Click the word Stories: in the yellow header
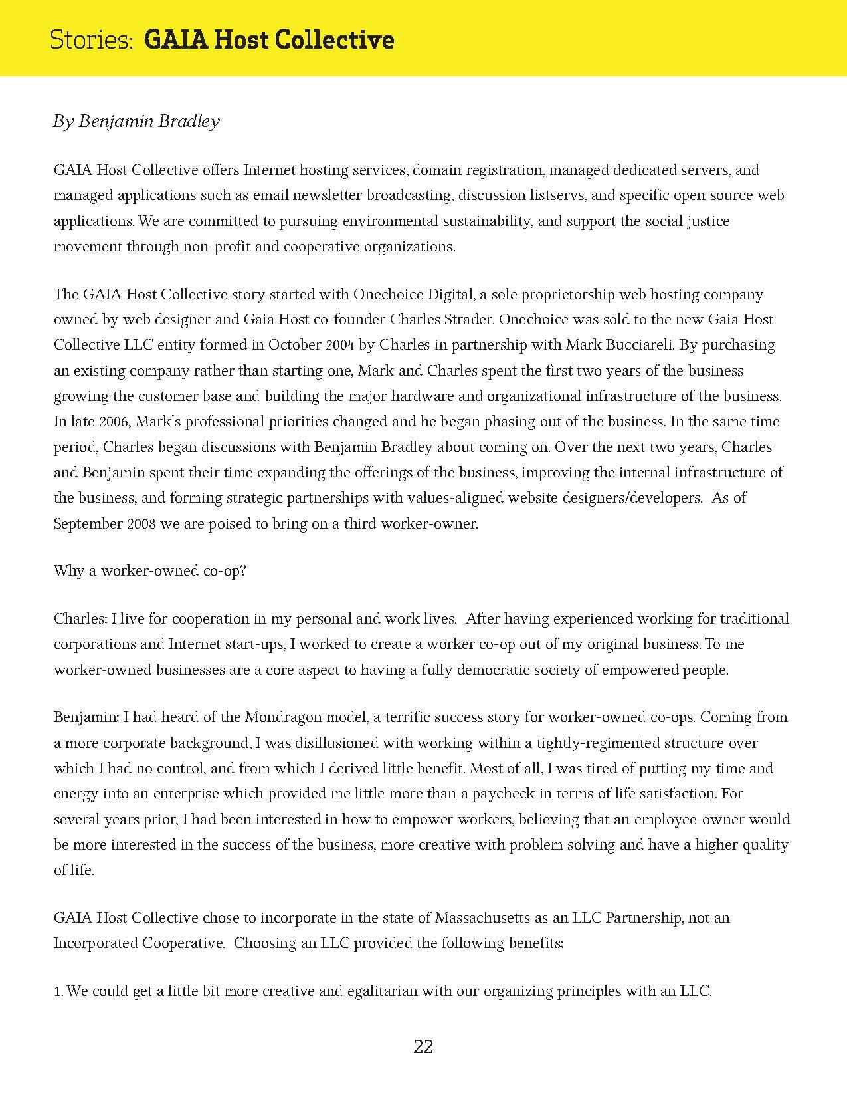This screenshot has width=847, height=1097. (92, 40)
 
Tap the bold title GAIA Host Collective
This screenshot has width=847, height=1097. (269, 40)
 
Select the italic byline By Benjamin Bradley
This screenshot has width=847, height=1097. (136, 121)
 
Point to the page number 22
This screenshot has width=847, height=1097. (423, 1047)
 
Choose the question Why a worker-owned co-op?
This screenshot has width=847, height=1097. (150, 571)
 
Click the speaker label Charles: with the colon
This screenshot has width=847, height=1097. (80, 619)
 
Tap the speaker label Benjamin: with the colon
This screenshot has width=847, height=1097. (87, 717)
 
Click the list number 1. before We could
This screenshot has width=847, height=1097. (58, 991)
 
